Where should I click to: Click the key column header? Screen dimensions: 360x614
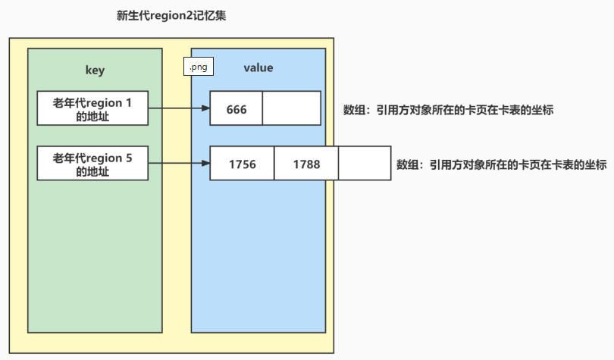coord(95,70)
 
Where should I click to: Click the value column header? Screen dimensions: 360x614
coord(258,68)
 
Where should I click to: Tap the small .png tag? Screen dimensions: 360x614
coord(199,67)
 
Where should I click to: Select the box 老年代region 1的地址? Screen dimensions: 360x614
coord(92,108)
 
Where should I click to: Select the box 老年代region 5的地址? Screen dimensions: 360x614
coord(92,164)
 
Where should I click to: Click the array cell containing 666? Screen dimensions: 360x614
coord(237,109)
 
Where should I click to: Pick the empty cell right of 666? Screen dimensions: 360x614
coord(292,109)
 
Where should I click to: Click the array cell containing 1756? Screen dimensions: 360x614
coord(243,164)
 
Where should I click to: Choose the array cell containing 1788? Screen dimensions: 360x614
coord(306,164)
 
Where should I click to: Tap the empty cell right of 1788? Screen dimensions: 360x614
coord(365,164)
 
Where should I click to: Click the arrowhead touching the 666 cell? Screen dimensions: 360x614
coord(205,108)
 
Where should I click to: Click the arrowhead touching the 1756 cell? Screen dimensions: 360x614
coord(205,163)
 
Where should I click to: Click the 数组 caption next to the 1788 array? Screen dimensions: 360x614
coord(501,164)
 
